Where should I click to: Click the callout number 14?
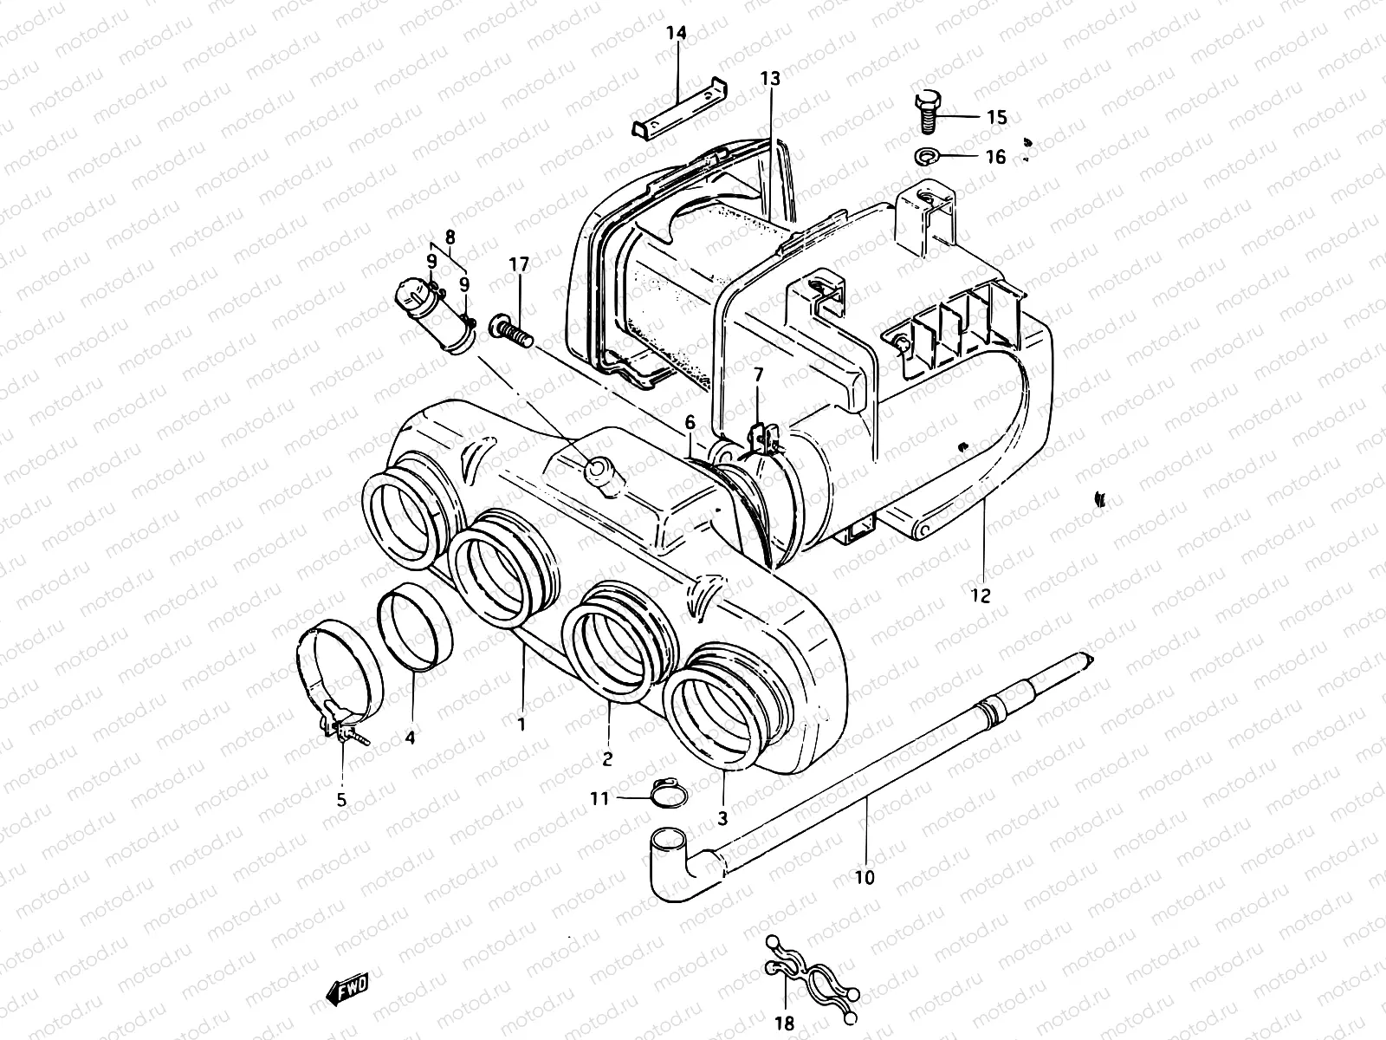point(676,34)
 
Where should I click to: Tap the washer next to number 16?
point(927,157)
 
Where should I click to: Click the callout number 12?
point(981,596)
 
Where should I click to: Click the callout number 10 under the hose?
point(864,878)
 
